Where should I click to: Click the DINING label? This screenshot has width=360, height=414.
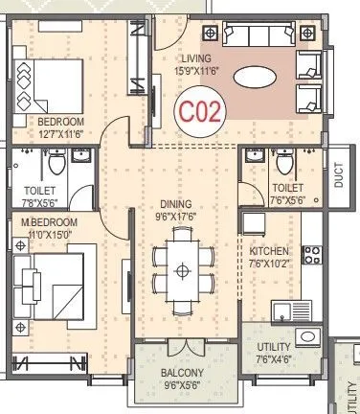click(176, 204)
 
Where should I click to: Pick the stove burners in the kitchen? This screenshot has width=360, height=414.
click(311, 255)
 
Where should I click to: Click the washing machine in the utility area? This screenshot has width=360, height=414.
click(308, 336)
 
